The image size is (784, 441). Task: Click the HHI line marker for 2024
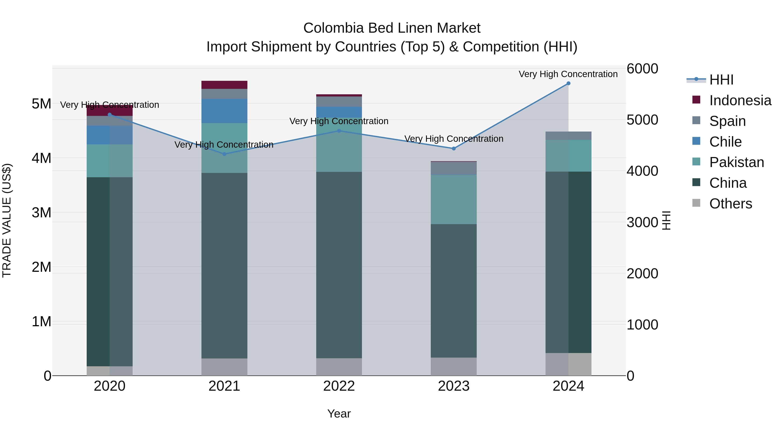tap(568, 83)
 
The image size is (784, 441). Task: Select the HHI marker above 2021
tap(224, 154)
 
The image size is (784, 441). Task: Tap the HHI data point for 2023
tap(453, 149)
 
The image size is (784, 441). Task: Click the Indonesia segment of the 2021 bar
tap(224, 85)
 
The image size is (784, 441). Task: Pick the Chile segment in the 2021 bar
tap(224, 111)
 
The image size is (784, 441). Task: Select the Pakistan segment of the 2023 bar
tap(453, 199)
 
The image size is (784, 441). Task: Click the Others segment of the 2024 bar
tap(568, 364)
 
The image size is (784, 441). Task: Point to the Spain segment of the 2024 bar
tap(568, 136)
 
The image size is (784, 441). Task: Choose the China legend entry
tap(728, 183)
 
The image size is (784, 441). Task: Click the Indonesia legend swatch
tap(696, 100)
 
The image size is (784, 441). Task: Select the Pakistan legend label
tap(737, 162)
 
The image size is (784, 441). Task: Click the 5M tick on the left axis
tap(41, 104)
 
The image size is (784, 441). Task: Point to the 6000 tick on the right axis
tap(642, 69)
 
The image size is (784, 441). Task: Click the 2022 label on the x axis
tap(339, 386)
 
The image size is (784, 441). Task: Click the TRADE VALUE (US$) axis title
tap(7, 221)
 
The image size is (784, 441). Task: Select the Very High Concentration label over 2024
tap(568, 74)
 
